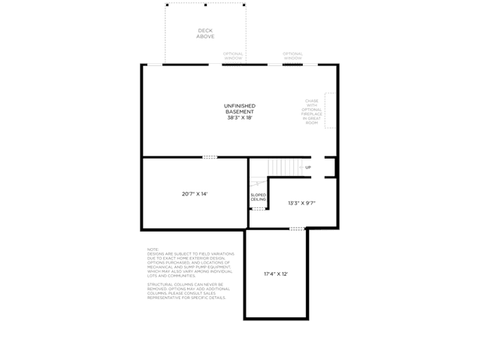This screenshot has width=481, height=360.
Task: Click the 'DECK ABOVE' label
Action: (205, 34)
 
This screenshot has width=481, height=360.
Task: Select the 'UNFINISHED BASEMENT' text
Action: (240, 109)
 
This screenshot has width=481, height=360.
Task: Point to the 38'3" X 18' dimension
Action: (240, 118)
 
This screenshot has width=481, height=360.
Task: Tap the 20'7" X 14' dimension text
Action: (194, 194)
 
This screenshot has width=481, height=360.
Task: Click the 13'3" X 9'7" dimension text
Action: (301, 203)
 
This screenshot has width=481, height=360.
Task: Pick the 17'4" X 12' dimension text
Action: (276, 274)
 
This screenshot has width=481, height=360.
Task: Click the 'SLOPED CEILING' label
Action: (259, 197)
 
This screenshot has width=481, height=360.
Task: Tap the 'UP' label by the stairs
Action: (308, 167)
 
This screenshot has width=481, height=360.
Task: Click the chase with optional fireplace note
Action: (311, 111)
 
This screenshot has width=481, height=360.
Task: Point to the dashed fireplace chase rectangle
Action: (330, 111)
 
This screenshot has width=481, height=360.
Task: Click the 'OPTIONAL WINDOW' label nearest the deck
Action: (233, 56)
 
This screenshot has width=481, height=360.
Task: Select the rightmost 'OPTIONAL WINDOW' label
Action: (292, 56)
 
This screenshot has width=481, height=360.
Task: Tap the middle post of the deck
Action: (206, 5)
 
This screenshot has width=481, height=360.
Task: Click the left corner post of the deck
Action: (167, 5)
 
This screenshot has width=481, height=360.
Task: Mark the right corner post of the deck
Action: (244, 5)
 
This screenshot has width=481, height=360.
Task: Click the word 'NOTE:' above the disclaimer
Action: (153, 250)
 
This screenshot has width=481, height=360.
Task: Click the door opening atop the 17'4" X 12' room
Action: (298, 228)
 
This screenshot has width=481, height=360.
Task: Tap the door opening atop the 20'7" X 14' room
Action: (210, 157)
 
